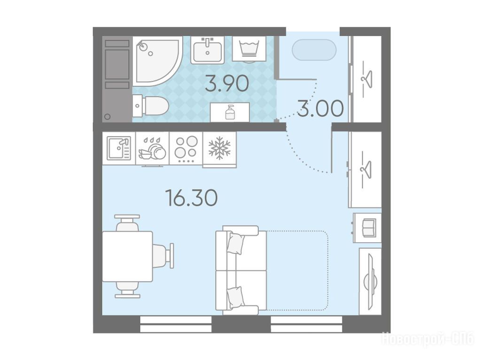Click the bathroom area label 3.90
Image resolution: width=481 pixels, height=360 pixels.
coord(227,84)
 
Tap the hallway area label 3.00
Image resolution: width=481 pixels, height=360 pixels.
coord(320,109)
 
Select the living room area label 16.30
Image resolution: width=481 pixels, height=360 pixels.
coord(192,198)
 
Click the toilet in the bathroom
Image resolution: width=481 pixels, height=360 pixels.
coord(151,106)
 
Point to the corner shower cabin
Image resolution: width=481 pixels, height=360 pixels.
coord(156,61)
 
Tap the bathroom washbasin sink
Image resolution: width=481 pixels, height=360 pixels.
coord(207,50)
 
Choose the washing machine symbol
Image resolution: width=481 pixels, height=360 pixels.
coord(249,49)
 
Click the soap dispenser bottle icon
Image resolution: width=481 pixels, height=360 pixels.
coord(230,112)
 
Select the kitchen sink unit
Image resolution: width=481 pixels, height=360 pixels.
coord(119,148)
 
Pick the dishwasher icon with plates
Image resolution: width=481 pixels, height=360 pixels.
coord(152,149)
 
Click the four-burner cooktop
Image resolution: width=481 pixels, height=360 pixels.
coord(186,148)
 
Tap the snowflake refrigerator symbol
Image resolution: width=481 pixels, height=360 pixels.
coord(219,149)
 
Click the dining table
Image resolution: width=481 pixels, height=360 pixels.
coord(127,256)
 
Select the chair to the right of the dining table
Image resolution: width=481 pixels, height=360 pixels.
coord(163,256)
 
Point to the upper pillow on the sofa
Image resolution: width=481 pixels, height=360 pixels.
coord(236,244)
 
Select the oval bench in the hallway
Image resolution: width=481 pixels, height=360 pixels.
coord(314,50)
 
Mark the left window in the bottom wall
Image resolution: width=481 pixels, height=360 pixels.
coord(176,324)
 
